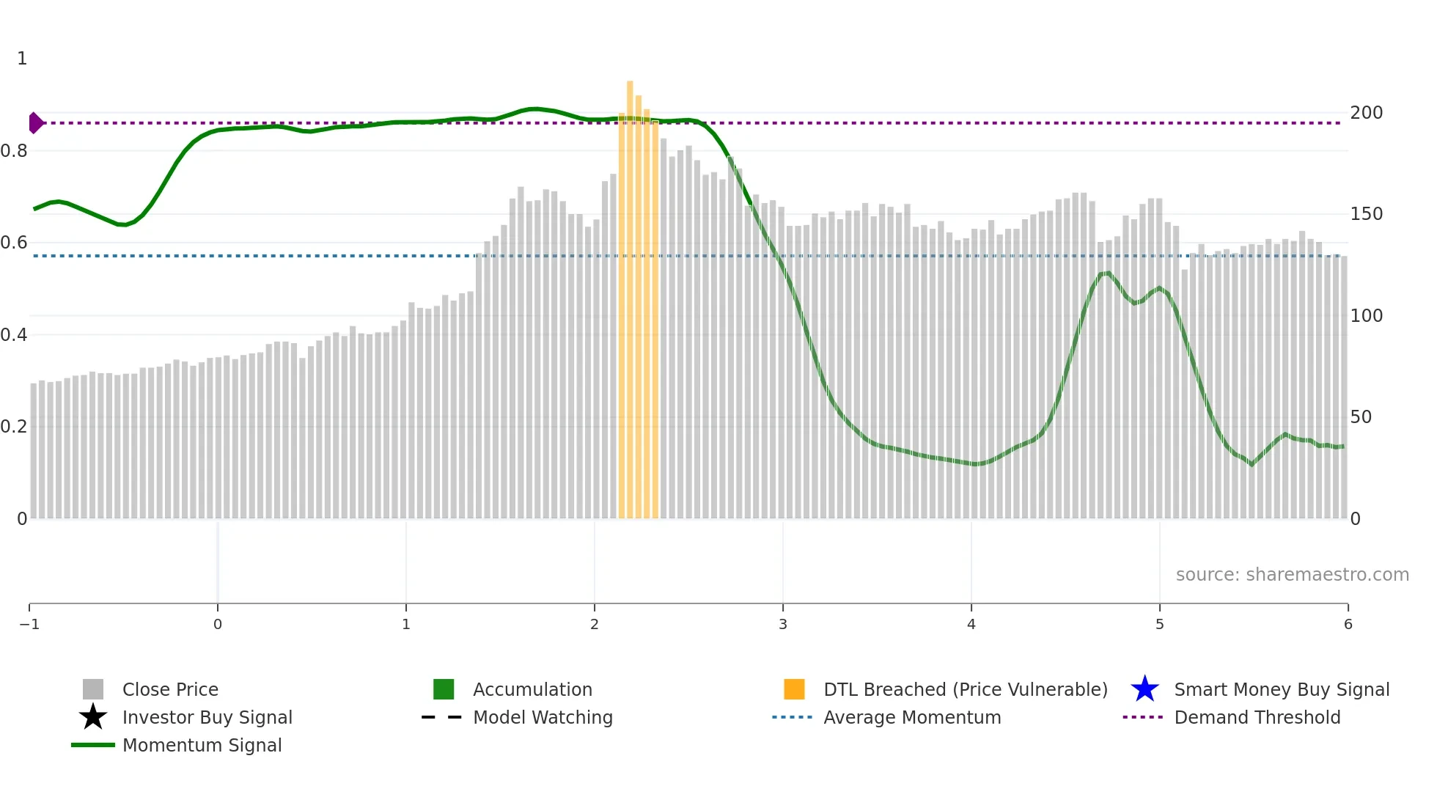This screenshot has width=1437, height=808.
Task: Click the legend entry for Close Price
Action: pos(170,689)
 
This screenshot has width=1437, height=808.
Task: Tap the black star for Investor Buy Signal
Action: pos(93,717)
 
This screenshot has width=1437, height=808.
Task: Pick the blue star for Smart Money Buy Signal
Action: pos(1144,689)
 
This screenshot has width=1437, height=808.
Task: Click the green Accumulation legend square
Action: pos(444,689)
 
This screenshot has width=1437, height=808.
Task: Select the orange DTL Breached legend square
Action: pos(794,689)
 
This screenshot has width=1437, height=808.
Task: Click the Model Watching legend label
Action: pos(543,717)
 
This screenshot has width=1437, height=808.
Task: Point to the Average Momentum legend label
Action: pos(912,717)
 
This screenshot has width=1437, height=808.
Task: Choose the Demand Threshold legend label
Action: pos(1257,717)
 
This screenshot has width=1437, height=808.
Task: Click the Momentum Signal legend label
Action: pos(202,745)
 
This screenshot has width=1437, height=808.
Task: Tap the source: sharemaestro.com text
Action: pos(1292,574)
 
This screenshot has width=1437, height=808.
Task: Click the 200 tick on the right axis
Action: pos(1366,113)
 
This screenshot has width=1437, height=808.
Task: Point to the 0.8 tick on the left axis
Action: pos(14,151)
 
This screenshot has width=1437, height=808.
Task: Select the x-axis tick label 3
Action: pos(783,624)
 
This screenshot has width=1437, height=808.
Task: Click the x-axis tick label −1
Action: pos(29,624)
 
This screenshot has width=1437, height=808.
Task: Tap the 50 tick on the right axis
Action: pos(1361,417)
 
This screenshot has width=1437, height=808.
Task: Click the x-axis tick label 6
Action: pos(1348,624)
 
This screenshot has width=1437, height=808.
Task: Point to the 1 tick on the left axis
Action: pos(22,59)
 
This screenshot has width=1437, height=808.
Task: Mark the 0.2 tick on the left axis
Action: pos(14,427)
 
